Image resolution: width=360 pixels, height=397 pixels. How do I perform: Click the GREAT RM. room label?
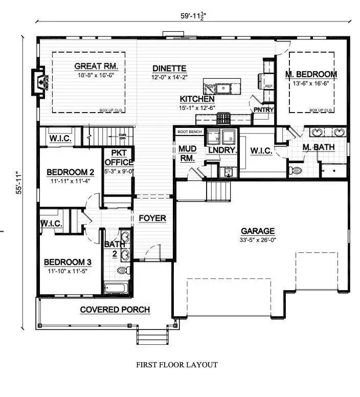pyautogui.click(x=96, y=66)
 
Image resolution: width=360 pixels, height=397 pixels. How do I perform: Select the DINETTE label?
pyautogui.click(x=169, y=69)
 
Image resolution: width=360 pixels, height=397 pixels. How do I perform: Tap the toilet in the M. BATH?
pyautogui.click(x=297, y=170)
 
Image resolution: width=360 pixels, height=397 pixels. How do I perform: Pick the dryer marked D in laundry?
pyautogui.click(x=230, y=139)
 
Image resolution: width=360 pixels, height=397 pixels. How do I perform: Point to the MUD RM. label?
pyautogui.click(x=186, y=154)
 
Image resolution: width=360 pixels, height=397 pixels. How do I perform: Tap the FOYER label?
pyautogui.click(x=152, y=218)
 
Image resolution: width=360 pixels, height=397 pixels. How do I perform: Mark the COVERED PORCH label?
pyautogui.click(x=115, y=310)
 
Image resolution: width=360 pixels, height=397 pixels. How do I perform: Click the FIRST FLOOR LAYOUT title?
pyautogui.click(x=176, y=365)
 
